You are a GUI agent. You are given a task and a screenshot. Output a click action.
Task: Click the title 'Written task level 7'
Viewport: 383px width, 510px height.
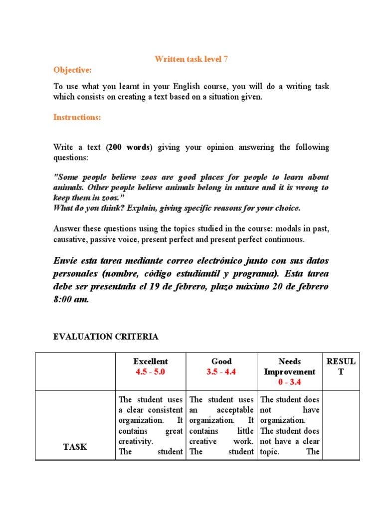point(191,59)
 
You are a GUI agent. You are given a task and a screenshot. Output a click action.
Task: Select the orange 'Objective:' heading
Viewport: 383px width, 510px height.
point(73,70)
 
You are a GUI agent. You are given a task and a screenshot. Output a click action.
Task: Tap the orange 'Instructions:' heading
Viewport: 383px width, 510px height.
point(77,117)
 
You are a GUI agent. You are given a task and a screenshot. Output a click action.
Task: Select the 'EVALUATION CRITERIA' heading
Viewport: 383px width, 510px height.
point(106,337)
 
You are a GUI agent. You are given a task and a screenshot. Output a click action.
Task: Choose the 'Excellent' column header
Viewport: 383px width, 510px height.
point(151,361)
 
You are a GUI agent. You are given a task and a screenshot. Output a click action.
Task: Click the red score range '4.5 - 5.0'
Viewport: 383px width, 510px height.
point(151,372)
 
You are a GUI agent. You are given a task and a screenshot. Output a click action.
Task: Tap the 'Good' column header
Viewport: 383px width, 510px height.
point(221,361)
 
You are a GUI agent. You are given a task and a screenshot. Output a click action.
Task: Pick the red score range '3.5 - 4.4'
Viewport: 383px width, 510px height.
point(221,372)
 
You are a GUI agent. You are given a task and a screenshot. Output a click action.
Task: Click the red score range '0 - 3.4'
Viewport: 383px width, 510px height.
point(289,382)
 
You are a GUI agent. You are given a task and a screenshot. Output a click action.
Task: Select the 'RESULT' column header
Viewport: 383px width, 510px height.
point(341,366)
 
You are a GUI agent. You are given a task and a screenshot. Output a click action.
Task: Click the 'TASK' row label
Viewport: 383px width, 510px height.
point(75,447)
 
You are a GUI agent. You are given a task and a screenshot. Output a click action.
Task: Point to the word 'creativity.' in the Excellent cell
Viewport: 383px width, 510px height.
point(136,441)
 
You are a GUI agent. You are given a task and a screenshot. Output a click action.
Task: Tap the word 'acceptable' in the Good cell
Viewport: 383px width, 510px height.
point(235,410)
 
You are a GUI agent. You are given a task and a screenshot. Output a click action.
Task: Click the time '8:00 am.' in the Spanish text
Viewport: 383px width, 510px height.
point(71,300)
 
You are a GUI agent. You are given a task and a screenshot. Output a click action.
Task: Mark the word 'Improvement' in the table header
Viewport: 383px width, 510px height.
point(289,372)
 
